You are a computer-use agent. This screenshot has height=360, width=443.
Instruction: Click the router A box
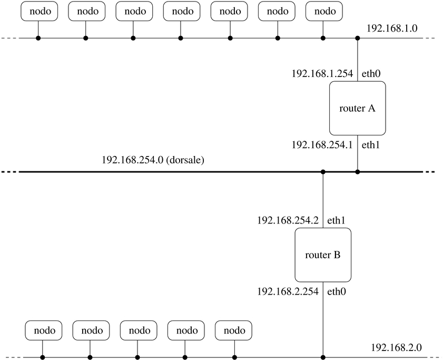(358, 108)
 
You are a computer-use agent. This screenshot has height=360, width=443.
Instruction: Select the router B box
(323, 255)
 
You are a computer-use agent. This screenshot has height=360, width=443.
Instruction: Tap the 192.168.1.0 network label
(391, 28)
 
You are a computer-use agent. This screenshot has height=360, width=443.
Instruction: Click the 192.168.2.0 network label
(397, 347)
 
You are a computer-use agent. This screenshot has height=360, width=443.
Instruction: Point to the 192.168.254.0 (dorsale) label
(153, 159)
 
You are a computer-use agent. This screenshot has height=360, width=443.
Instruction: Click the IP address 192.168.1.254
(322, 74)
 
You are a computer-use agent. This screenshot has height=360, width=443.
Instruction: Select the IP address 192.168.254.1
(322, 144)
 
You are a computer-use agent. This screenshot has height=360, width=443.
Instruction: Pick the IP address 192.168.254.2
(288, 220)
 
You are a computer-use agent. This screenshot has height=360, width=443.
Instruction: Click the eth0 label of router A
(371, 74)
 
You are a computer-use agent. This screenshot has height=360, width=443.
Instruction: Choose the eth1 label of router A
(371, 144)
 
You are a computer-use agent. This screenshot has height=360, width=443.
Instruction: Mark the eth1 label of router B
(337, 220)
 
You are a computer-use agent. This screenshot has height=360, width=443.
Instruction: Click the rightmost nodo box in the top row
(324, 11)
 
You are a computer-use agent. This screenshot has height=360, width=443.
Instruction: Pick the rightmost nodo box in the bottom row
(233, 330)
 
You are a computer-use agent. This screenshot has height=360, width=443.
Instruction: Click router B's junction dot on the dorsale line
(323, 172)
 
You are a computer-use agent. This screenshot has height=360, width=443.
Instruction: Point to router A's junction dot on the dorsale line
(358, 172)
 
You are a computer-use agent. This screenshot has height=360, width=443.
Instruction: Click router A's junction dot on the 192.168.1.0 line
(358, 38)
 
